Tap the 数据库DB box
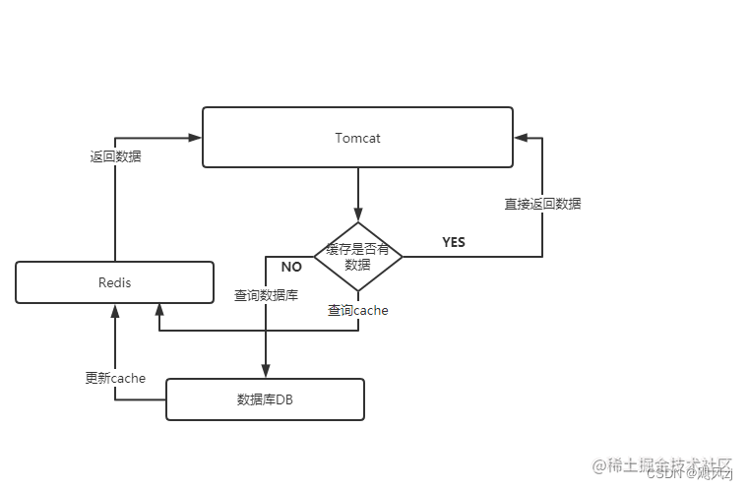click(x=265, y=399)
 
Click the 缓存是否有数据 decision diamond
click(x=357, y=257)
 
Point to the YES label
click(x=454, y=242)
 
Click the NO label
click(x=291, y=267)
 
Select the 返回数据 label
click(x=115, y=155)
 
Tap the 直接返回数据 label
click(x=542, y=204)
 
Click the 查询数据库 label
click(x=266, y=295)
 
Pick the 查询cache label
click(x=358, y=310)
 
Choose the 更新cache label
click(x=115, y=378)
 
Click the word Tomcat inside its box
click(x=357, y=138)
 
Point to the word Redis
click(x=115, y=282)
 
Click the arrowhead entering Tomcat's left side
click(x=195, y=138)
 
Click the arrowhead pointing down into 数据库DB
click(x=266, y=371)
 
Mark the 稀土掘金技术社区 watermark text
click(x=668, y=464)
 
